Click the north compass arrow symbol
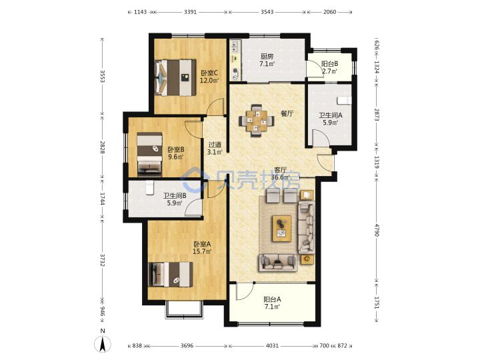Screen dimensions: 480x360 click(103, 344)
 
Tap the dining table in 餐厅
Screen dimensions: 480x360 click(257, 121)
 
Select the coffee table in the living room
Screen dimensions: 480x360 click(282, 229)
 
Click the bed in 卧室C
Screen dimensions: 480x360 click(175, 78)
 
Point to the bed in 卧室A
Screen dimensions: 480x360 click(171, 274)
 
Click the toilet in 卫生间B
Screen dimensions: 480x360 click(149, 187)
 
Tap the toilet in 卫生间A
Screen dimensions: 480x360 click(345, 100)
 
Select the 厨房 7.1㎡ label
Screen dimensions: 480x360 click(267, 60)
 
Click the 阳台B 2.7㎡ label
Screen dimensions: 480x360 click(329, 67)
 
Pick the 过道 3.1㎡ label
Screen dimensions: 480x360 click(215, 148)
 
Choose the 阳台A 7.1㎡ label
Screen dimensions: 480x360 click(272, 303)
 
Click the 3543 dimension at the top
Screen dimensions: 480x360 click(267, 12)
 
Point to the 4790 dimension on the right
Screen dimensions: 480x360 click(377, 230)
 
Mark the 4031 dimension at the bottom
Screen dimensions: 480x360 click(272, 345)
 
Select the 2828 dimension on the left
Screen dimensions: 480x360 click(103, 147)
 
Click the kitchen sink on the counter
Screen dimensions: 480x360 click(235, 46)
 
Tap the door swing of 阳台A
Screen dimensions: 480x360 click(245, 291)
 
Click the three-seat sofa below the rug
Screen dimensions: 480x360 click(278, 263)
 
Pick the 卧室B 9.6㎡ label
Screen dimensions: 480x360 click(176, 153)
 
